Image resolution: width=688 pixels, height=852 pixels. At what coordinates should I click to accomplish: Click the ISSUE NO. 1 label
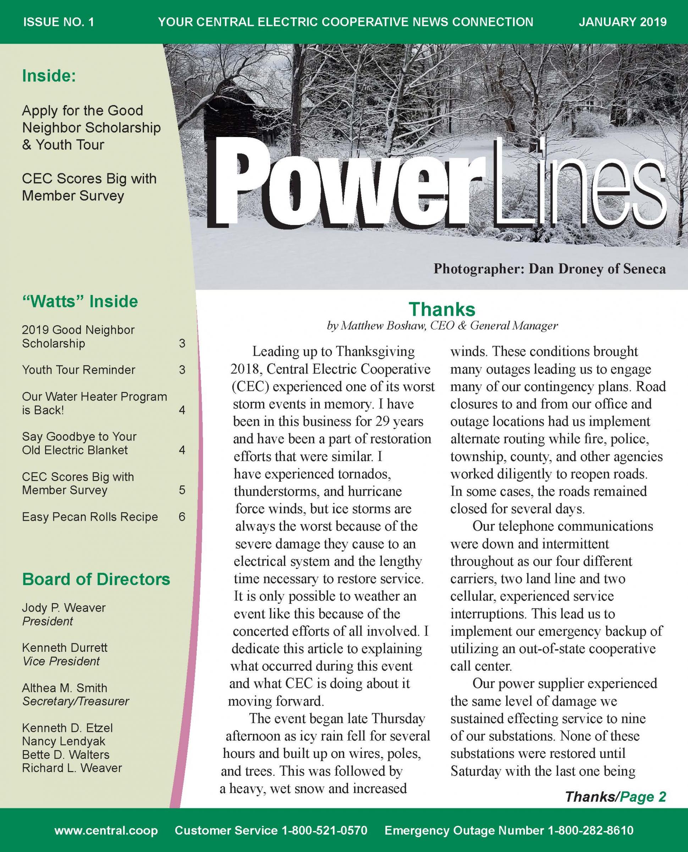point(59,22)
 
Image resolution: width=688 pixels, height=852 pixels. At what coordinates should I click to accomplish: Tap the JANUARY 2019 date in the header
point(622,22)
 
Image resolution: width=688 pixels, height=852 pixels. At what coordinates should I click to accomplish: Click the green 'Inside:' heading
point(49,76)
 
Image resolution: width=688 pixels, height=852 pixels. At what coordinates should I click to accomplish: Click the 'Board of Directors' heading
point(96,579)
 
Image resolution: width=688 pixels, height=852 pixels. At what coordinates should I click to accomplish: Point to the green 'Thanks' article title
point(441,309)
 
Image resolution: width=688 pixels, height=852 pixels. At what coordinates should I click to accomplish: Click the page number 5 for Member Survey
point(182,490)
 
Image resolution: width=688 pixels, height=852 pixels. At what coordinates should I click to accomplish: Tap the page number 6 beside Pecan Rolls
point(182,517)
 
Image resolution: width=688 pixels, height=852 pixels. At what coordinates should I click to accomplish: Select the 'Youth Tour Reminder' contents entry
point(78,370)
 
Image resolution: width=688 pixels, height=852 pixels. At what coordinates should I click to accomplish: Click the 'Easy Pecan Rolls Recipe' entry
point(89,517)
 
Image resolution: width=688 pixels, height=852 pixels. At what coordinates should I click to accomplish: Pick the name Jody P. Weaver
point(64,608)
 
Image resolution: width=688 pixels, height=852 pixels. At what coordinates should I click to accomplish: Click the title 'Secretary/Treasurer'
point(75,701)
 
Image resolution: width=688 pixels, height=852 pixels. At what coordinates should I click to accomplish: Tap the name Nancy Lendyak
point(64,741)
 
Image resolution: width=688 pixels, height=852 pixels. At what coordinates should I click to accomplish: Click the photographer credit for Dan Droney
point(549,269)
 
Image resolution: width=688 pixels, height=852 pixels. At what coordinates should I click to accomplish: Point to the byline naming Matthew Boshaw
point(442,326)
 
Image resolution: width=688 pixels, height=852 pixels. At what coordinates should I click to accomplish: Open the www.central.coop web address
point(106,830)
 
